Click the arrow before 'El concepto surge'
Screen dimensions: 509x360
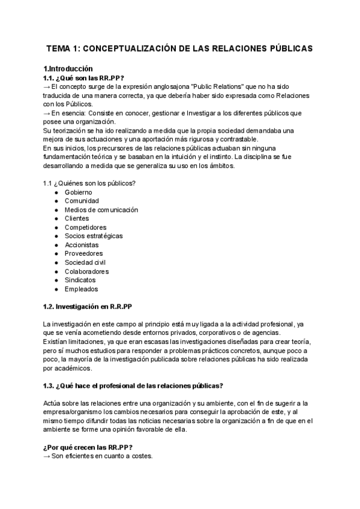pos(47,86)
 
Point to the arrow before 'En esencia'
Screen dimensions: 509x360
pos(47,113)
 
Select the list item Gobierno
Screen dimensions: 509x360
pos(78,192)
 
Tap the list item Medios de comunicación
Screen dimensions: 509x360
pos(101,209)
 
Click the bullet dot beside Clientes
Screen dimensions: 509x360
pos(56,218)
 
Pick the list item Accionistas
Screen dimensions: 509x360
pos(82,245)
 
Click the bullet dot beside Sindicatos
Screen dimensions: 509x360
pos(56,280)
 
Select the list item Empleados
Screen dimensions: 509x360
pos(81,289)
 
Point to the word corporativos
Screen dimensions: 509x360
pos(226,333)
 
